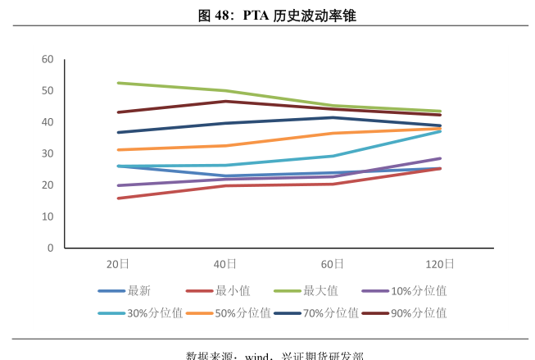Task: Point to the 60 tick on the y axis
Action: pos(48,59)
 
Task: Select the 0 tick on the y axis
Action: pos(50,248)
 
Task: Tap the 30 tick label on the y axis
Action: pos(48,153)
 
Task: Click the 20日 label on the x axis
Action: pos(118,264)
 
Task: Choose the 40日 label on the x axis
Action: pos(225,264)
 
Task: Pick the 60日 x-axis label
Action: pos(332,264)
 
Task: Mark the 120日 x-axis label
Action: pos(440,264)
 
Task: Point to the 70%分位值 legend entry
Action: pos(329,312)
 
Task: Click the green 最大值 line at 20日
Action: pos(118,83)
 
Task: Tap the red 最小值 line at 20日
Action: pos(118,198)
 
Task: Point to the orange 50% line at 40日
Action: pos(225,146)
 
